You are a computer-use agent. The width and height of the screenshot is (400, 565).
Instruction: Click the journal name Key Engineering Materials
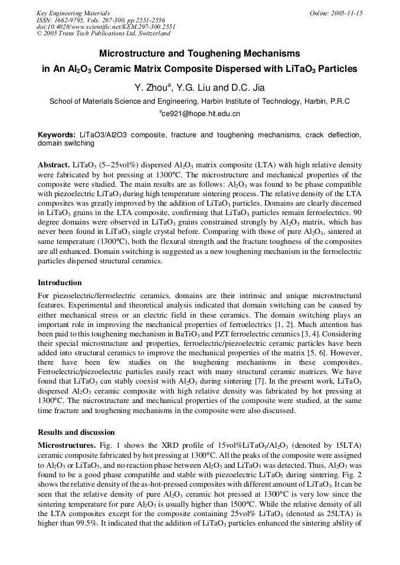tap(73, 12)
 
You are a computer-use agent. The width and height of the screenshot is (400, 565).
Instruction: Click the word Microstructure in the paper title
tap(133, 53)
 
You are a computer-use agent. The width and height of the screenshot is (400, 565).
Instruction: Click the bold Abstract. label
tap(54, 163)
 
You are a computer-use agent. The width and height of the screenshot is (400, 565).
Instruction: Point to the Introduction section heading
tap(60, 283)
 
